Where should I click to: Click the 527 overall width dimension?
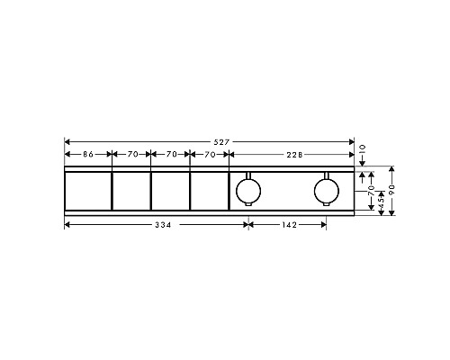(209, 140)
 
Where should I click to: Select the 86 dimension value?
(87, 155)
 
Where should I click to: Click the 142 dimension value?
(288, 224)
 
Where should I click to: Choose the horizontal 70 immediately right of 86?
(131, 155)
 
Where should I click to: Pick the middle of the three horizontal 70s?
(170, 155)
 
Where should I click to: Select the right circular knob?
(326, 191)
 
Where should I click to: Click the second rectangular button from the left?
(130, 191)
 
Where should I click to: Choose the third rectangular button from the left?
(170, 191)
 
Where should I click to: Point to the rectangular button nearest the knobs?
(209, 191)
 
